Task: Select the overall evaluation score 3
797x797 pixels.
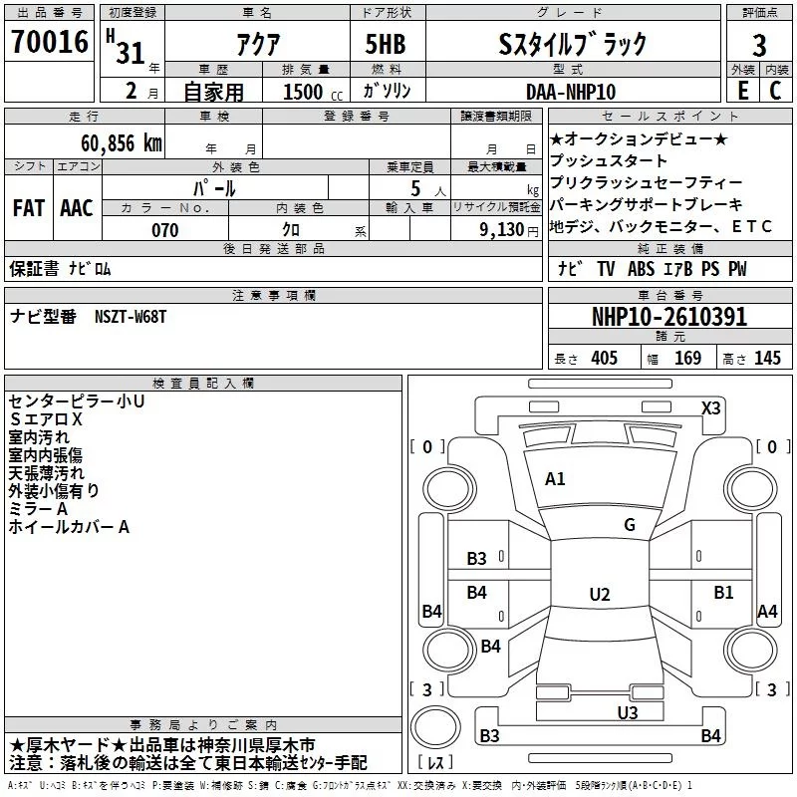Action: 759,45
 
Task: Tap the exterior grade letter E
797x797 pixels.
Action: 741,91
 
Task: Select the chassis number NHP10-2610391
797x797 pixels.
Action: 668,317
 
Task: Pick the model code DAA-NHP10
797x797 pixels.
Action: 571,92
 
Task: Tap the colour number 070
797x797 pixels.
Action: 164,230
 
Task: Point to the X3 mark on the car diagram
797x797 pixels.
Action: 711,408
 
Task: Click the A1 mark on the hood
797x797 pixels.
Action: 555,479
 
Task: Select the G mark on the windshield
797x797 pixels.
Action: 629,525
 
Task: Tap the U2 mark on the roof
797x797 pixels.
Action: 599,595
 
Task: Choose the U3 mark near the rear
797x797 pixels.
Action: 627,712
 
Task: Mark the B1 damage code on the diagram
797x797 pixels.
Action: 723,592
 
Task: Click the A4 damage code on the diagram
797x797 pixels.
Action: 767,612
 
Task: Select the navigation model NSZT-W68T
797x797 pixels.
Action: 131,316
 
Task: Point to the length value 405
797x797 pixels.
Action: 604,359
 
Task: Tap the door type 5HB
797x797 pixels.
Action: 386,45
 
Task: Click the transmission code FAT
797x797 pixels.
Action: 28,208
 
